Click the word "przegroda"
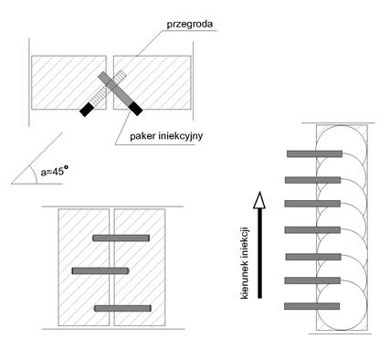[x=190, y=25]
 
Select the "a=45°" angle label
[x=54, y=172]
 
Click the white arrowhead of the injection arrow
[x=259, y=200]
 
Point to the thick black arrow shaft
[x=259, y=253]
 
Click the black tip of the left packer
[x=86, y=110]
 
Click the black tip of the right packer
[x=136, y=109]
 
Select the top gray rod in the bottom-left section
[x=121, y=238]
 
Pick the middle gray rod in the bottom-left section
[x=100, y=270]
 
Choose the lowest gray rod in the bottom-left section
[x=122, y=308]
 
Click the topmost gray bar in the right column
[x=314, y=154]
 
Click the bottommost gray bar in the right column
[x=312, y=306]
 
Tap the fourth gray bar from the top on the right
[x=312, y=230]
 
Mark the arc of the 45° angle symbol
[x=34, y=175]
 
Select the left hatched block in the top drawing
[x=69, y=82]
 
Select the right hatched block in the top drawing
[x=153, y=82]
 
